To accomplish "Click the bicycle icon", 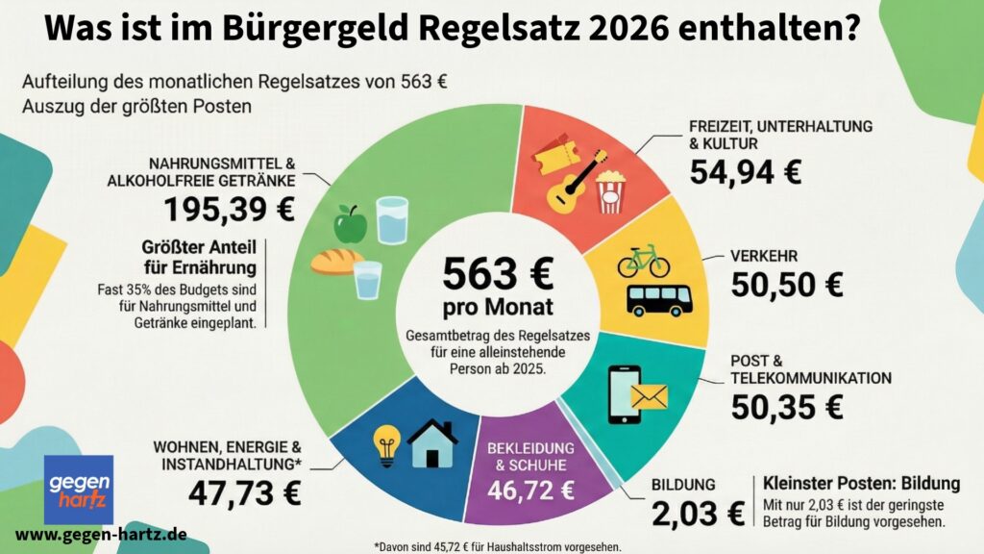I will [x=643, y=260].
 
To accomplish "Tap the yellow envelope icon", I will [x=648, y=397].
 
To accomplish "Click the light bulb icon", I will [x=386, y=445].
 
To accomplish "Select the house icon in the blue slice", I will [x=432, y=443].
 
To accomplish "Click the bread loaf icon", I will [x=335, y=261].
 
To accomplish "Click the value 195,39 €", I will [x=229, y=209].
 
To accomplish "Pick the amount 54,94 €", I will [x=746, y=173].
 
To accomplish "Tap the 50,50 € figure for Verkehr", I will [x=786, y=284].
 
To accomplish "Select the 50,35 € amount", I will [x=786, y=407].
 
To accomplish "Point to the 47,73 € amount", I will [x=245, y=493].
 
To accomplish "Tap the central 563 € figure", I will [x=498, y=275].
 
